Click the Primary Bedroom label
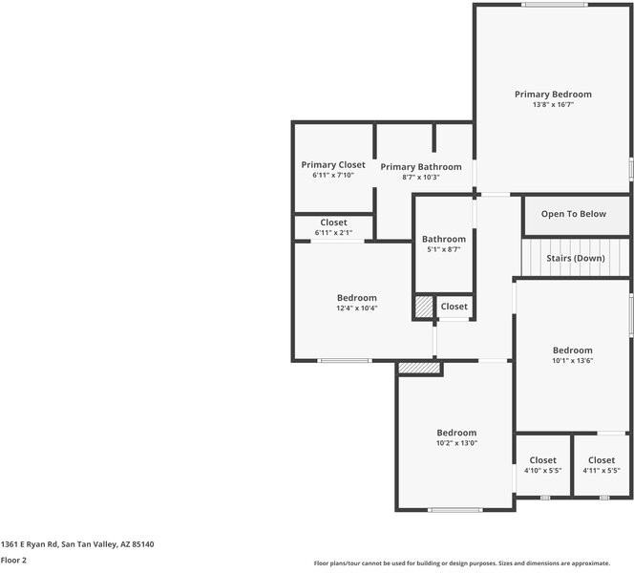pos(553,95)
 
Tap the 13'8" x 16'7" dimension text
pos(553,105)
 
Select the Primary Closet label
pos(332,165)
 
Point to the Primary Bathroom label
pos(421,167)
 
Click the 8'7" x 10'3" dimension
pos(421,178)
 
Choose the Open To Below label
pos(573,214)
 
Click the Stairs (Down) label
pos(575,259)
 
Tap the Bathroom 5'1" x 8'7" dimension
pos(444,249)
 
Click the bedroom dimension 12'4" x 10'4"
pos(356,308)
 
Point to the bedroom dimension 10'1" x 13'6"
pos(572,361)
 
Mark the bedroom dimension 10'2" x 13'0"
pos(456,443)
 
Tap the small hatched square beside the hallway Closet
pos(423,307)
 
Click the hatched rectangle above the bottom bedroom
pos(419,368)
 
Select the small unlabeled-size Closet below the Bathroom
pos(454,307)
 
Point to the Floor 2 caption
pos(13,561)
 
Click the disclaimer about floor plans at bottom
pos(473,563)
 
